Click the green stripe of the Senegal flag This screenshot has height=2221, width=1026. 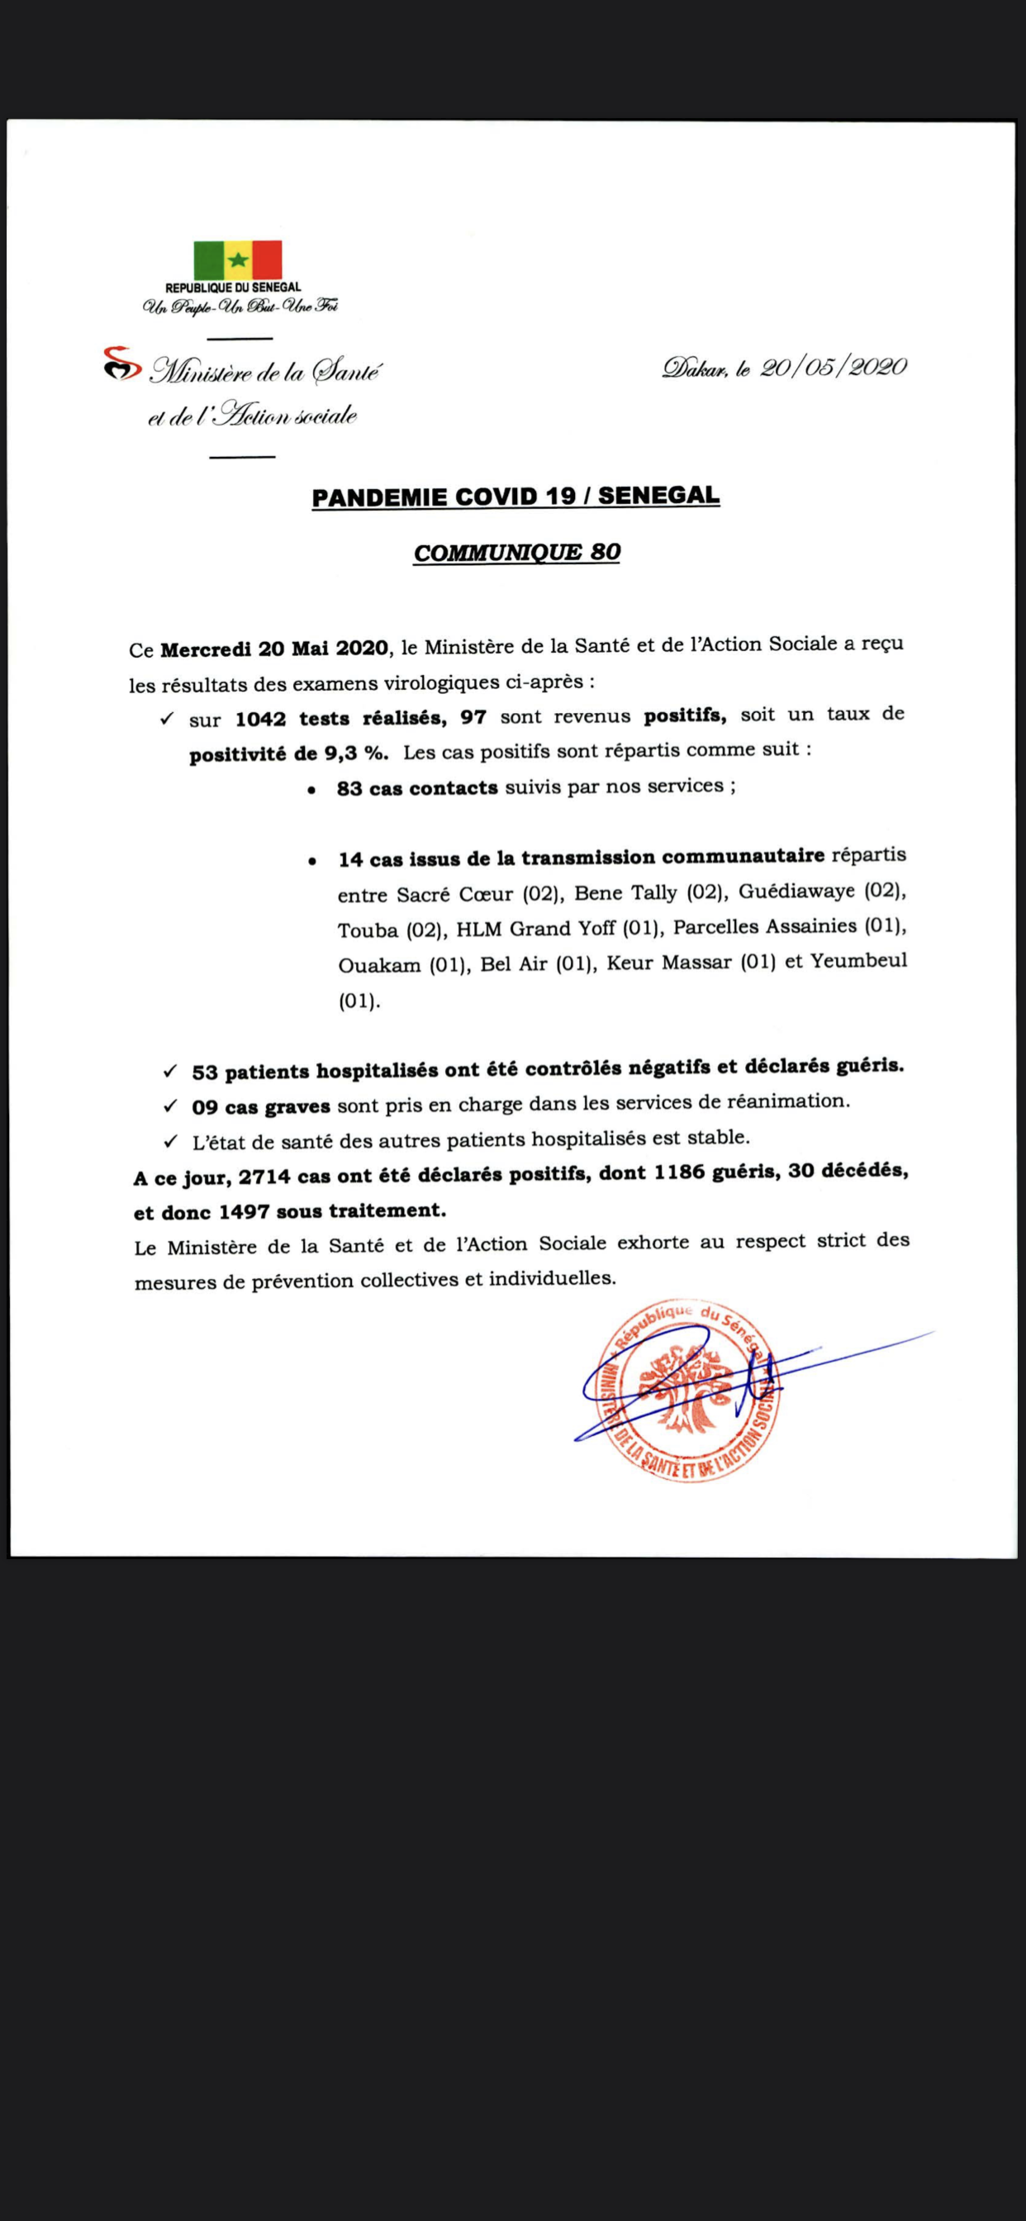point(209,260)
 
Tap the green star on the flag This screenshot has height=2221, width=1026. point(238,260)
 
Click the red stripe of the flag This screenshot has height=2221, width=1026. point(268,260)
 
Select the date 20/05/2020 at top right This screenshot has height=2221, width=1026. point(834,369)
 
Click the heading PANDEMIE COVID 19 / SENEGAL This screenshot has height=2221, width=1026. point(515,497)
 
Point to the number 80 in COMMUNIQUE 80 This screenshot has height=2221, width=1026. point(606,553)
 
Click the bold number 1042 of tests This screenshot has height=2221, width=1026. point(260,718)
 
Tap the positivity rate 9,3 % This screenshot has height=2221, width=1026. point(355,754)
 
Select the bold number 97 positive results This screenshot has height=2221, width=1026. point(473,717)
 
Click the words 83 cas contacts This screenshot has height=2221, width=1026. point(417,788)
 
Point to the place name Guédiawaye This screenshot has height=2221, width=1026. point(796,892)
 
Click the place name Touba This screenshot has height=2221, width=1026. point(368,930)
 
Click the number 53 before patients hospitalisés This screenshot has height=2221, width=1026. point(204,1072)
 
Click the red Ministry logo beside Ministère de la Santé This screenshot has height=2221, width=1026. point(121,364)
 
